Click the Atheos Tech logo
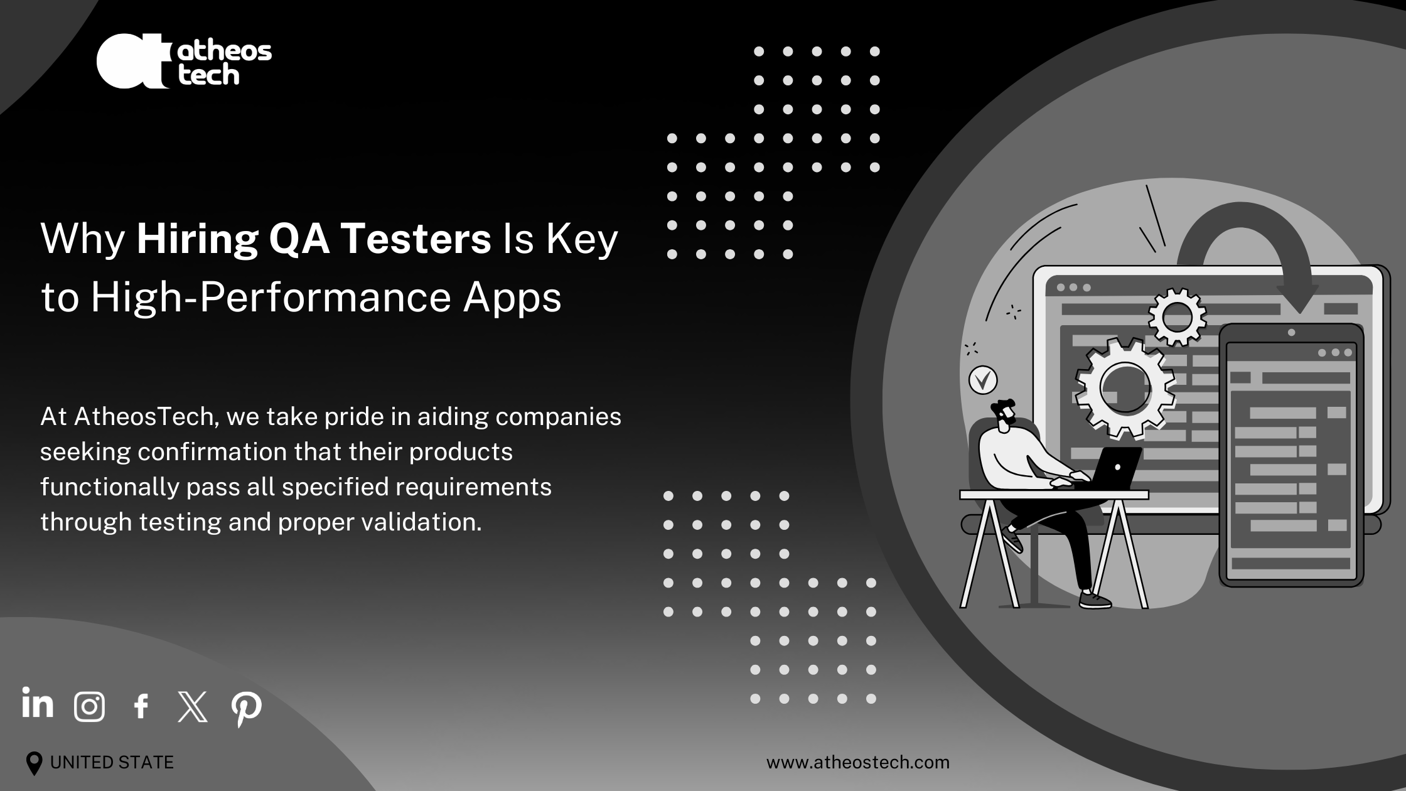coord(184,61)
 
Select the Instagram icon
coord(89,707)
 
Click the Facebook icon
coord(141,706)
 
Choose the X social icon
coord(193,707)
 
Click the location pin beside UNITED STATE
coord(34,763)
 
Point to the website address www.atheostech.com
coord(857,763)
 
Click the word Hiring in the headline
coord(196,240)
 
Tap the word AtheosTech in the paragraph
coord(146,417)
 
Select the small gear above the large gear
coord(1177,317)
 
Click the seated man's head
coord(1004,416)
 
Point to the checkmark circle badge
coord(983,380)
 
